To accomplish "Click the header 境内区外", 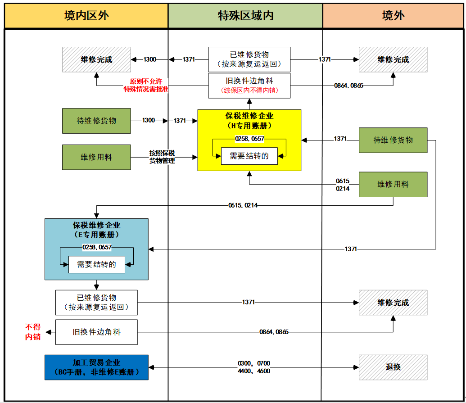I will pos(86,16).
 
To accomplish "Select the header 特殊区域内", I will pos(245,16).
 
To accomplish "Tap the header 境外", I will pos(393,16).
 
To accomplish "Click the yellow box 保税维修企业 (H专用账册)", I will pos(249,121).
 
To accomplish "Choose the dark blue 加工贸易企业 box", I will pos(96,367).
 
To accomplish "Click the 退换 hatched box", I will pos(393,367).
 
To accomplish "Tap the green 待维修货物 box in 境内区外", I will pos(96,121).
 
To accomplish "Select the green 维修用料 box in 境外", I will pos(393,184).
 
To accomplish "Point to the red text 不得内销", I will pos(33,332).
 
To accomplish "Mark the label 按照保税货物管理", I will pos(162,157).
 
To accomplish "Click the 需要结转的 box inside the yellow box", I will pos(249,156).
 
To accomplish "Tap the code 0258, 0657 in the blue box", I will pos(97,247).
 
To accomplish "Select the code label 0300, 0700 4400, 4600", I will pos(254,367).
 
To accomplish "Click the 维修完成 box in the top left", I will pos(96,59).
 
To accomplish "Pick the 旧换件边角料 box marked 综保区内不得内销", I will pos(249,86).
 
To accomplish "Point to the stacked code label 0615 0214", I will pos(342,185).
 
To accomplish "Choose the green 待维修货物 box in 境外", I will pos(393,140).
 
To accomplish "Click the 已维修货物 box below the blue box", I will pos(96,302).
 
